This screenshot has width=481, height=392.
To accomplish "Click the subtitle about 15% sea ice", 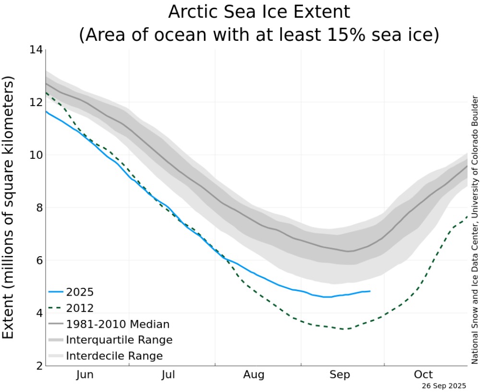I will (x=259, y=35).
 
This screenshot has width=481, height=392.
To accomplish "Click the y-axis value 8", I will (x=37, y=208).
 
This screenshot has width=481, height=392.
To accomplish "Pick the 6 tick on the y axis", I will (x=37, y=261).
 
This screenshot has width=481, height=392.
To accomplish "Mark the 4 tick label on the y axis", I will (x=37, y=313).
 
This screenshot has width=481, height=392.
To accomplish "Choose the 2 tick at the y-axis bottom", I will (x=37, y=366).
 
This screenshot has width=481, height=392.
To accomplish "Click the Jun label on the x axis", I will (x=85, y=375).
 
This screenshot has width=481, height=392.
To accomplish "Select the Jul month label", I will (x=168, y=375).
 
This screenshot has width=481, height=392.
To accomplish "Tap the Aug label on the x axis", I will (x=253, y=375).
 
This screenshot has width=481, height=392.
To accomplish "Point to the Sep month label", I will (x=340, y=375).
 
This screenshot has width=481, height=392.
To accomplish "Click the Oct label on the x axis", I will (x=423, y=375).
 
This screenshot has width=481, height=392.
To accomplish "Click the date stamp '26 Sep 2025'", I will (x=444, y=386).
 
